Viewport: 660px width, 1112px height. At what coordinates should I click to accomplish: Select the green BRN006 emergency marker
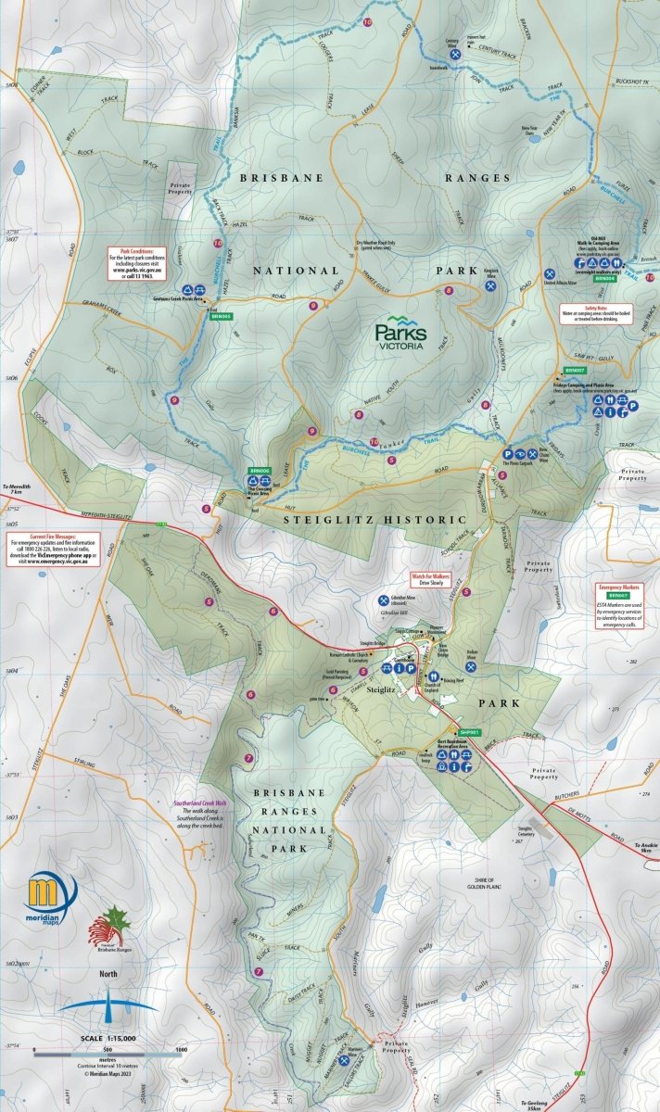pos(259,471)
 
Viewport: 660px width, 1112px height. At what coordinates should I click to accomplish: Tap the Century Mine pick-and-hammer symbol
pos(455,56)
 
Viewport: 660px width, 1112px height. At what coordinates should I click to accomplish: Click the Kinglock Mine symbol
pos(489,287)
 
